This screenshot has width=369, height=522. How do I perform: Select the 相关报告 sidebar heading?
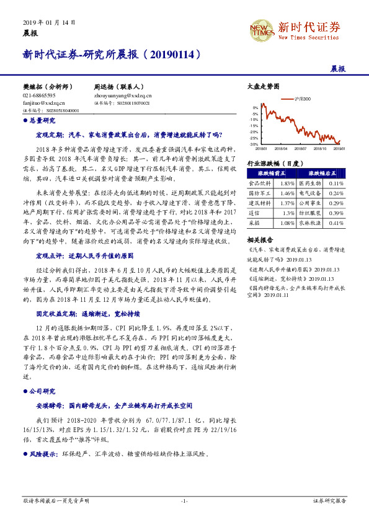coord(260,239)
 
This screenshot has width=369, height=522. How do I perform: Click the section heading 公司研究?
coord(43,391)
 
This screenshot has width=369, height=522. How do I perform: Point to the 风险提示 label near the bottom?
coord(42,454)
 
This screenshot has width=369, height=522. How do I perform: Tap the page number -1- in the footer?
coord(184,500)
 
